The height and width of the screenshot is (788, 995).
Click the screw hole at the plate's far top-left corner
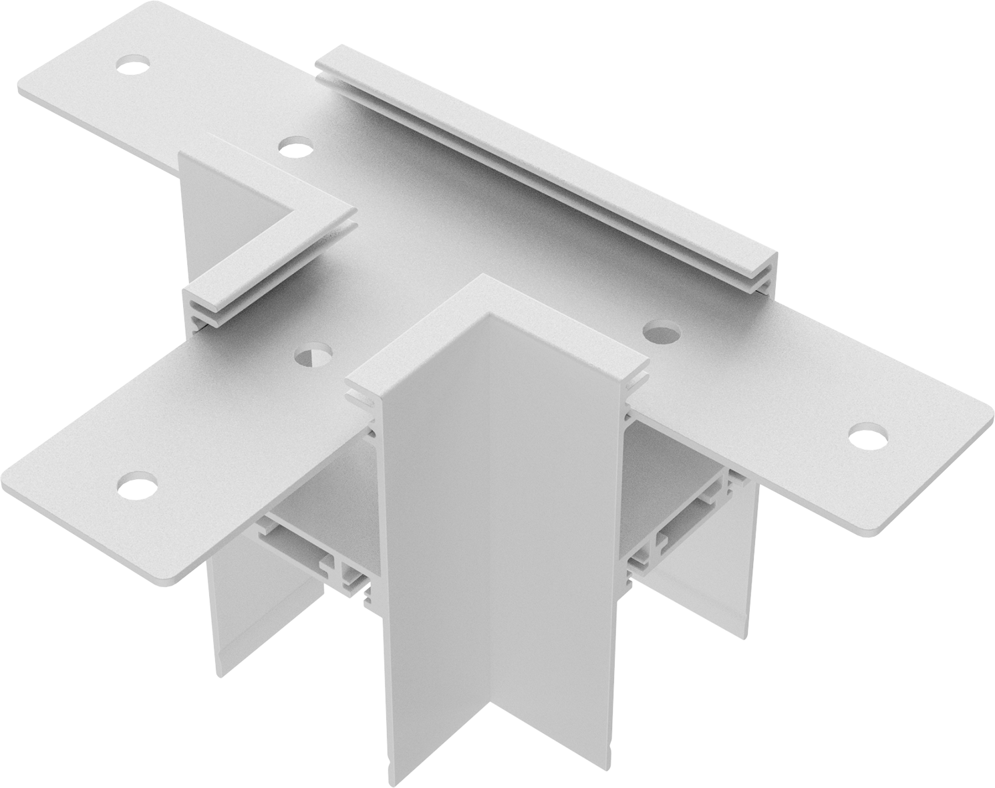click(132, 65)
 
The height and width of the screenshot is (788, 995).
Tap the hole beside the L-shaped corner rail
click(294, 146)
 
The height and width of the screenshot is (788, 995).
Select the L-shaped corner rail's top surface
click(301, 201)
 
